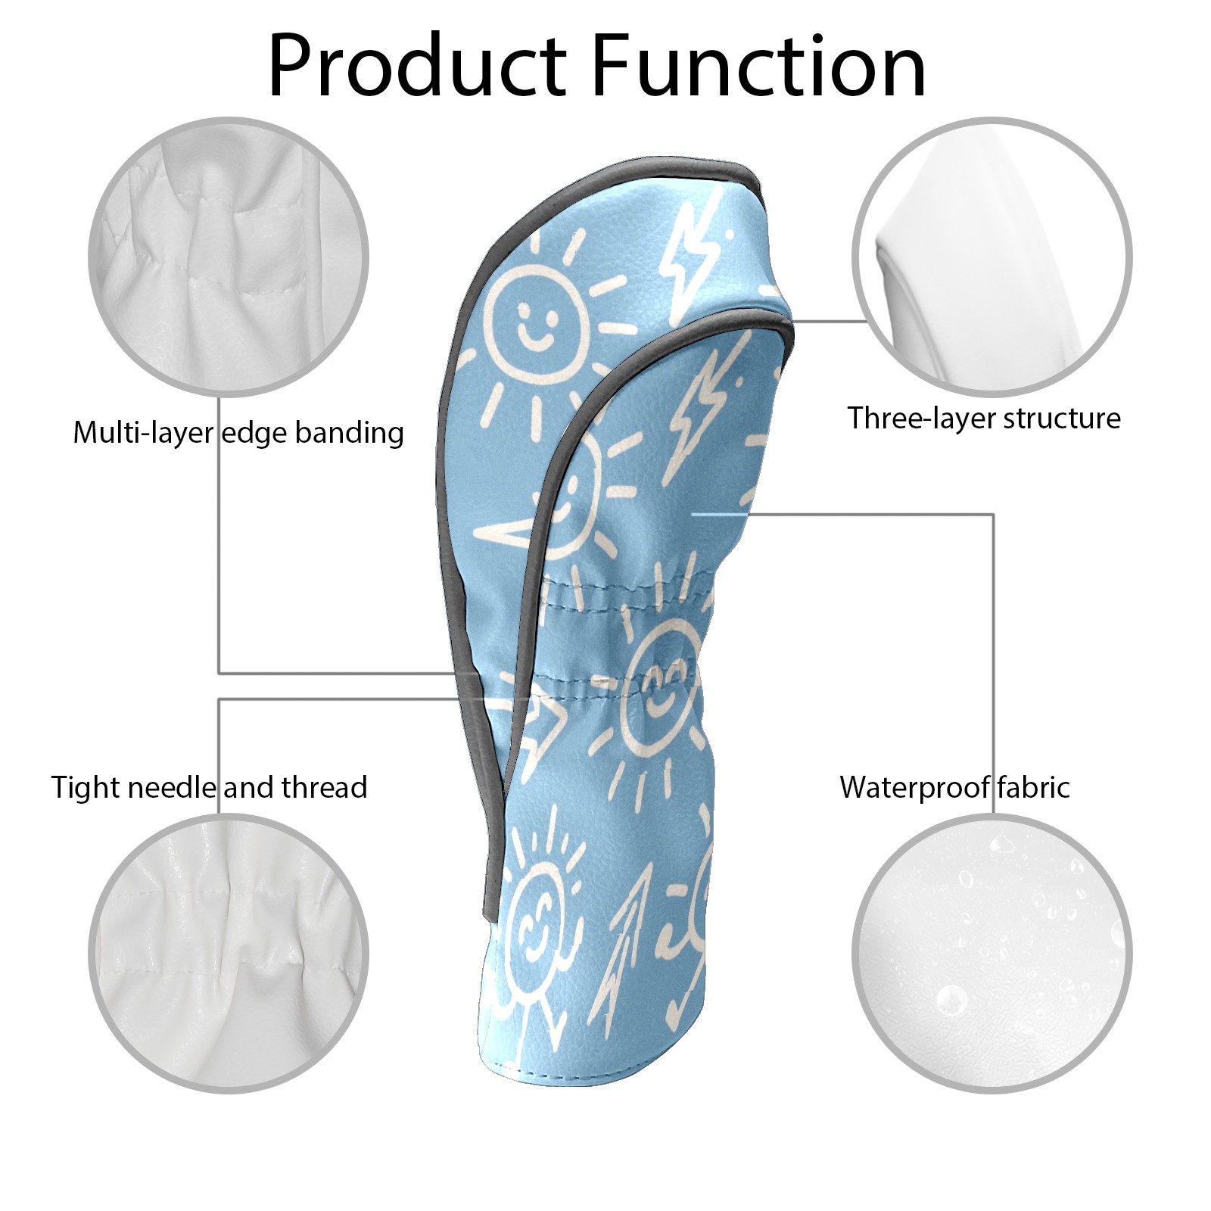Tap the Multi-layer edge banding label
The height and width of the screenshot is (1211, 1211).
pos(238,433)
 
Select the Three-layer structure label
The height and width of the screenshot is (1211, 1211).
pos(983,418)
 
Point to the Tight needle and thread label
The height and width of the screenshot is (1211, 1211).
pos(209,787)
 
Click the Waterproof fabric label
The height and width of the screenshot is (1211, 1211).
pos(954,787)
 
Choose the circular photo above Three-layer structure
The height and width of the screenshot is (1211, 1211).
pos(992,257)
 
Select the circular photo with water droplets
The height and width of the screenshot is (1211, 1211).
pos(992,954)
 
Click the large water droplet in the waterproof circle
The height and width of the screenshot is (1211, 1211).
pos(951,999)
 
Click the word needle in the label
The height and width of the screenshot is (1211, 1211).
pos(173,787)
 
